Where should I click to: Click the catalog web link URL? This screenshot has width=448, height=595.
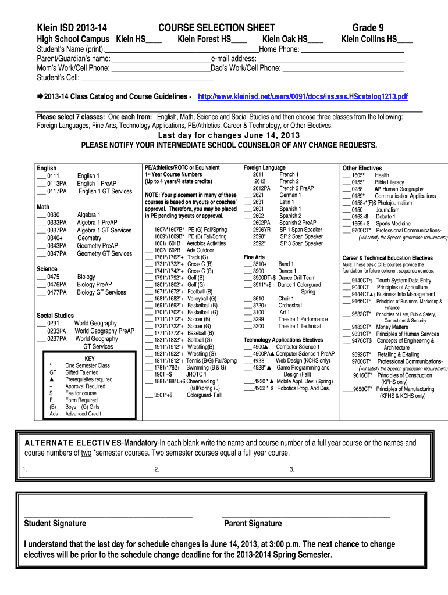coord(303,96)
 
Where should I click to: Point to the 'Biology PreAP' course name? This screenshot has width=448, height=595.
coord(94,285)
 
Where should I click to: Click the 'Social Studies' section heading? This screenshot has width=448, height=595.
coord(55,316)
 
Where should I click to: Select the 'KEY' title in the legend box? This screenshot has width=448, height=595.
coord(90,359)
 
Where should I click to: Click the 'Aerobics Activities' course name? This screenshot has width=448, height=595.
coord(207,243)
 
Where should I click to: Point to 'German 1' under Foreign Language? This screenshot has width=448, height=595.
coord(290,195)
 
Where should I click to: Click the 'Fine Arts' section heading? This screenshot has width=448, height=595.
coord(254,257)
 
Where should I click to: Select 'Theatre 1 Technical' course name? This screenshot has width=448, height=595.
coord(299,326)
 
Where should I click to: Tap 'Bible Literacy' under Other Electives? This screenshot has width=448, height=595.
coord(389,182)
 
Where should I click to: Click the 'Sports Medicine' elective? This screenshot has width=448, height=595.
coord(395,223)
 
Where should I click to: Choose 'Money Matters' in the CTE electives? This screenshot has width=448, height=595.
coord(392,327)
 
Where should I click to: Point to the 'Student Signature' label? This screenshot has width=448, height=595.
coord(55,524)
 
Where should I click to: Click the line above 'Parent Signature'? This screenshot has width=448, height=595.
coord(305,516)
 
